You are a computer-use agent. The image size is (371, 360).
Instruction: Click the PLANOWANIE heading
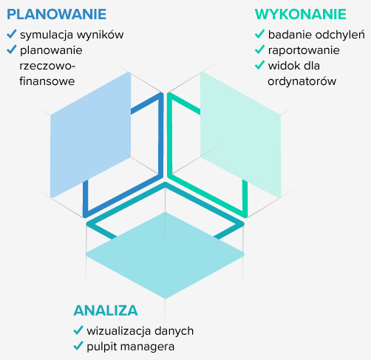56,14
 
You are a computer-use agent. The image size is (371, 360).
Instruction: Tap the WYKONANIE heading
301,14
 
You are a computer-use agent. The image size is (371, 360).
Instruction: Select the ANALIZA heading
106,310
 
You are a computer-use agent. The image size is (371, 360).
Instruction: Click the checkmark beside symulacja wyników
12,34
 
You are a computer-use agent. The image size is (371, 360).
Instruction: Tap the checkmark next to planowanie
12,50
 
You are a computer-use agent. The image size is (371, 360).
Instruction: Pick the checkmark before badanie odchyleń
259,34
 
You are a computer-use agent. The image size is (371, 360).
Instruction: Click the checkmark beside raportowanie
259,50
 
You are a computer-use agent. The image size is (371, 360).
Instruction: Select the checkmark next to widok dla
259,65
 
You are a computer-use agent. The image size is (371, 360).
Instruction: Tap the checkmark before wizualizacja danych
78,330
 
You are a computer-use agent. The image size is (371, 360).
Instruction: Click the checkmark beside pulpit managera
78,346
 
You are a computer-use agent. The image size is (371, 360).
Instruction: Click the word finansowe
47,81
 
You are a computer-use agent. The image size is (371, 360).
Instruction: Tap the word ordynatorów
302,81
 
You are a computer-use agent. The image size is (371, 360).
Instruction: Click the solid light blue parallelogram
90,135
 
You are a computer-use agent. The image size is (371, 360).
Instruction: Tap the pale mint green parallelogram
241,135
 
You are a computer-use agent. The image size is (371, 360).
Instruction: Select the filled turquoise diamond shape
165,255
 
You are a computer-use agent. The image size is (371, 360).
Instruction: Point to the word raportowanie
304,50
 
